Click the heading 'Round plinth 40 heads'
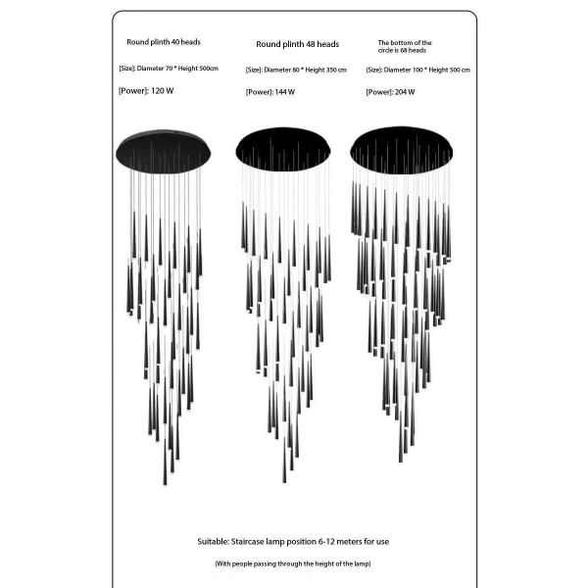click(x=164, y=42)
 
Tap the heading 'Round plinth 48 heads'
click(x=297, y=44)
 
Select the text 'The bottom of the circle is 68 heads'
click(x=405, y=46)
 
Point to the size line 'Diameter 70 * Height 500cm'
click(x=177, y=69)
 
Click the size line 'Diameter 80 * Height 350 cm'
click(x=305, y=70)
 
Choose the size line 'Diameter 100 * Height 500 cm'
click(x=426, y=70)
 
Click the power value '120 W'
click(x=163, y=91)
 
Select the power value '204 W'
click(x=405, y=92)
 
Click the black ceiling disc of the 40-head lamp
click(x=163, y=152)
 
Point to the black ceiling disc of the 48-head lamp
click(x=283, y=149)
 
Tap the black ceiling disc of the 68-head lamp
click(x=401, y=150)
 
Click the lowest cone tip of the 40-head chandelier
click(x=165, y=484)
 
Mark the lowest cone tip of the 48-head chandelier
click(x=284, y=482)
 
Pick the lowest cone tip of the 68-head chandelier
click(x=401, y=462)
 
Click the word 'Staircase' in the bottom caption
click(x=248, y=542)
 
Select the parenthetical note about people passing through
click(x=293, y=563)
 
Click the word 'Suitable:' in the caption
click(x=213, y=542)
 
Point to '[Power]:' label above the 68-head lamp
click(x=379, y=92)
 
